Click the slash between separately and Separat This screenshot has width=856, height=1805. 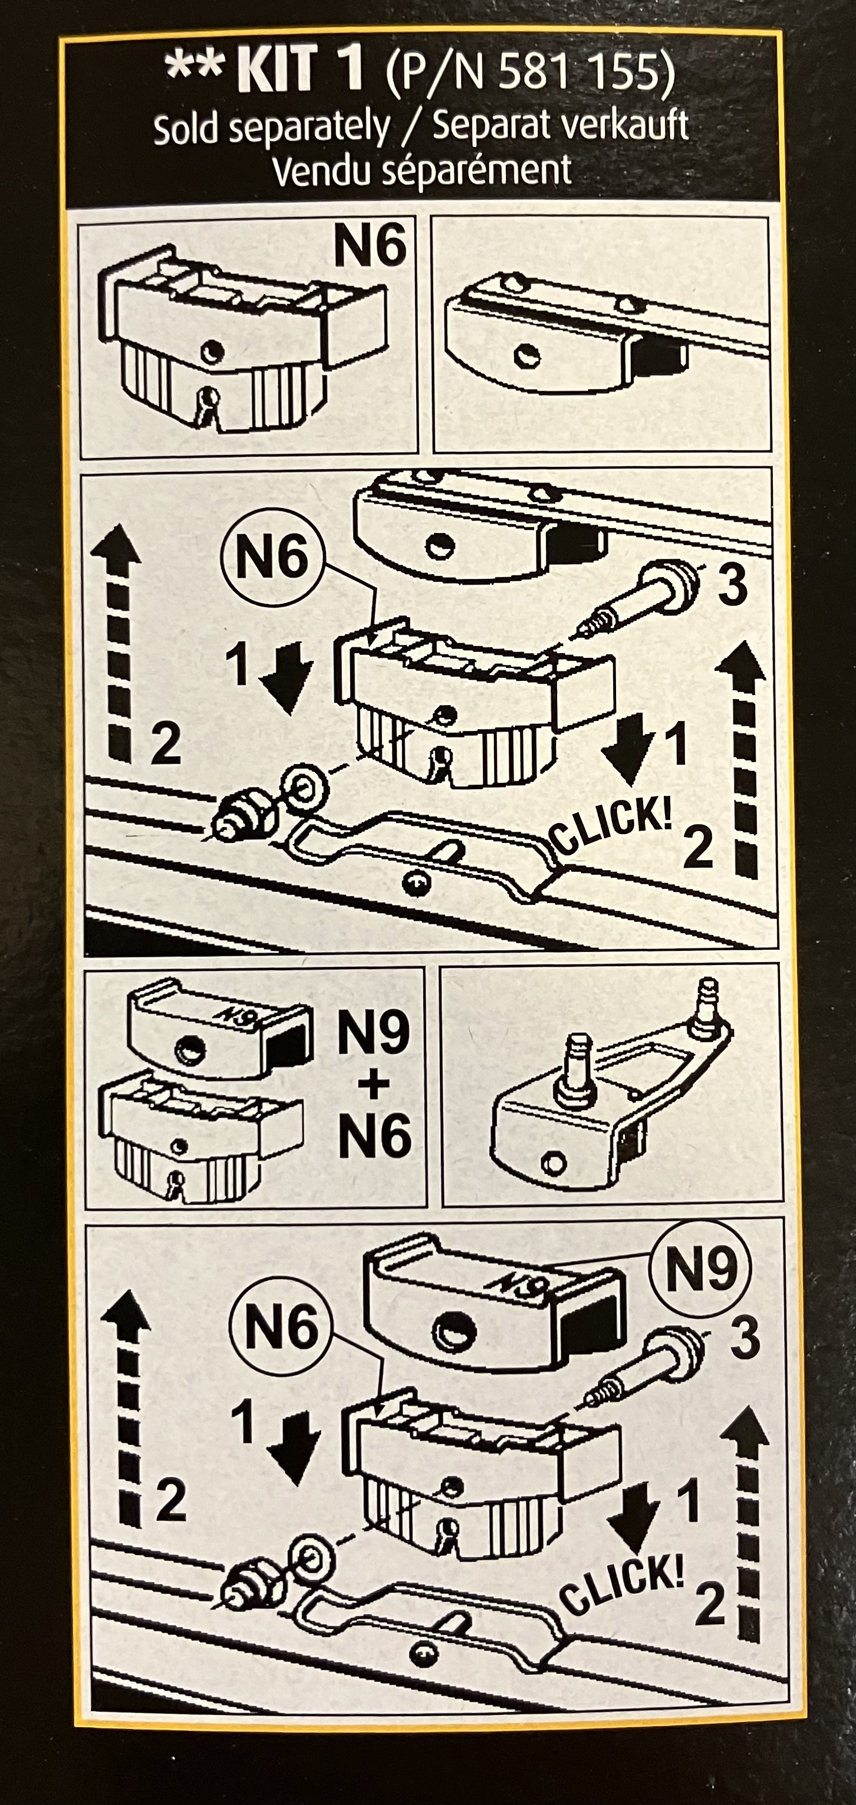pos(411,129)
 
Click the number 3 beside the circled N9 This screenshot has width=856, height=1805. pos(745,1338)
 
